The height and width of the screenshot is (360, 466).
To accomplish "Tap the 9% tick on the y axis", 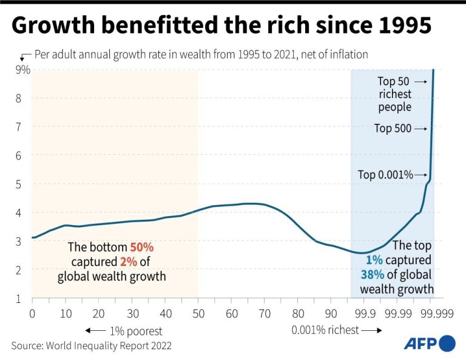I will [x=22, y=70].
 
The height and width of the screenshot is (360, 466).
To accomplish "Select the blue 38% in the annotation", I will [x=371, y=274].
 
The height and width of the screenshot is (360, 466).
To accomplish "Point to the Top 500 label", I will [x=393, y=128].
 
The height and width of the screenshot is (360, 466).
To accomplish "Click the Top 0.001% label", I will [x=385, y=175].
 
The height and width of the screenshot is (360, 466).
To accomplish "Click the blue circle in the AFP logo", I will [x=448, y=343].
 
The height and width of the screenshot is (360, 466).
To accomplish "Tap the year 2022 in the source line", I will [x=160, y=345].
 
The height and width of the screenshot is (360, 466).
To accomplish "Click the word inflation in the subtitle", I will [x=348, y=54].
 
